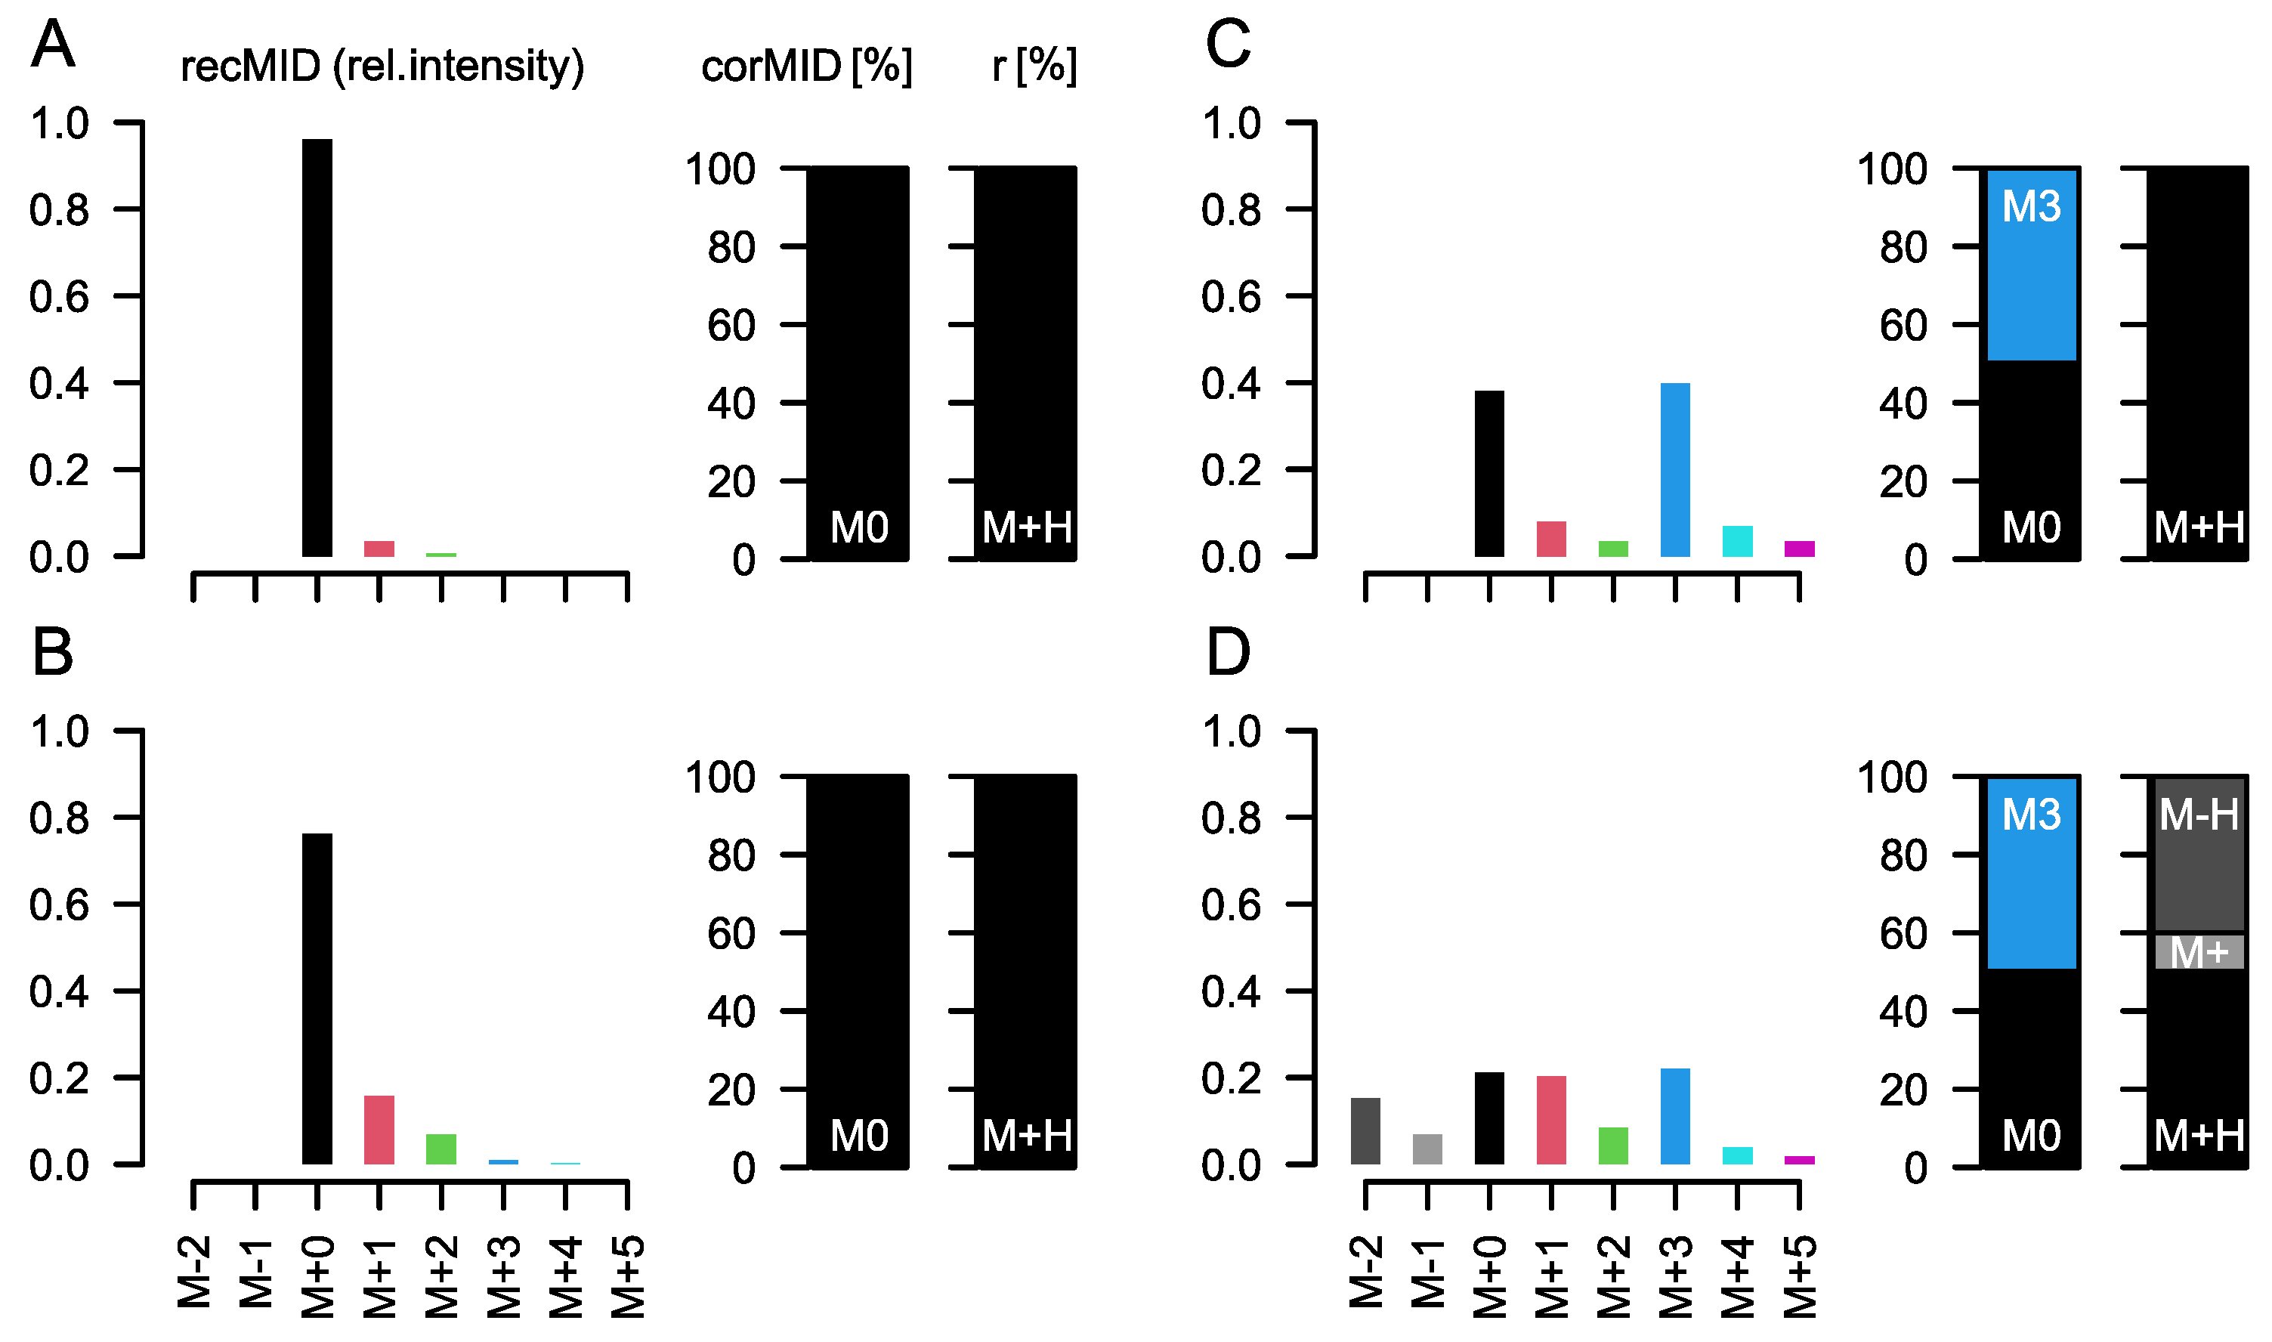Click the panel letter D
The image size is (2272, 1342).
click(x=1227, y=653)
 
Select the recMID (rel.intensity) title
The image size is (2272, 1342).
click(x=382, y=66)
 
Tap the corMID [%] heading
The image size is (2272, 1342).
click(x=806, y=66)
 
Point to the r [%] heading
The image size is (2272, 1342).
click(x=1034, y=66)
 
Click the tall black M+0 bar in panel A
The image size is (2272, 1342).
click(x=317, y=348)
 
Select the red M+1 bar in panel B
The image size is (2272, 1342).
click(x=379, y=1130)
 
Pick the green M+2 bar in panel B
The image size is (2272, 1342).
click(x=441, y=1149)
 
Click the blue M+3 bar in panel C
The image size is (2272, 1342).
click(x=1675, y=470)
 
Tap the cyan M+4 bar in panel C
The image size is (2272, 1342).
click(x=1737, y=541)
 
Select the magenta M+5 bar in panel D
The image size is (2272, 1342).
click(x=1799, y=1160)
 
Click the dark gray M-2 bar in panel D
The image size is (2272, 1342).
click(x=1365, y=1130)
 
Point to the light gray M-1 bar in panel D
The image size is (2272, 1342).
click(x=1427, y=1149)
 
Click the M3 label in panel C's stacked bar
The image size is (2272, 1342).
click(x=2031, y=207)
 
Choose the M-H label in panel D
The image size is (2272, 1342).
click(x=2198, y=815)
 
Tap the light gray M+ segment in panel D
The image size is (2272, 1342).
click(x=2198, y=952)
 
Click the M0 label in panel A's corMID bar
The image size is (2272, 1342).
click(x=859, y=528)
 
